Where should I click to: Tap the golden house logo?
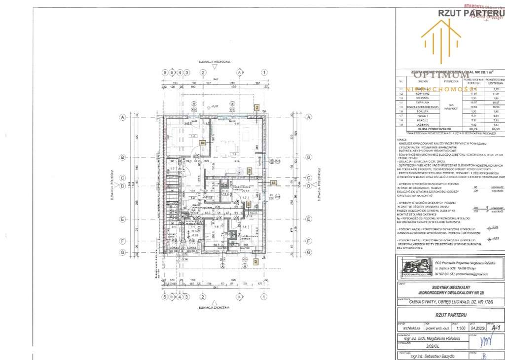pos(441,36)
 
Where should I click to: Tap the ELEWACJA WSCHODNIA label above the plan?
pos(215,62)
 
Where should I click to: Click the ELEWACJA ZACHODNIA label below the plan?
pos(215,307)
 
